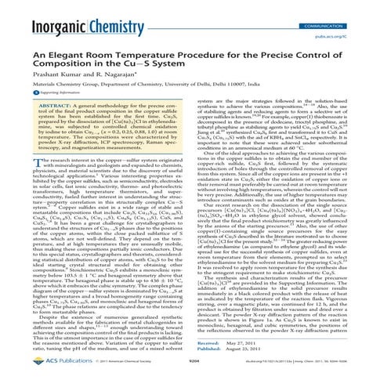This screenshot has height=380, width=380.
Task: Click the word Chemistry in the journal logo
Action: click(118, 15)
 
